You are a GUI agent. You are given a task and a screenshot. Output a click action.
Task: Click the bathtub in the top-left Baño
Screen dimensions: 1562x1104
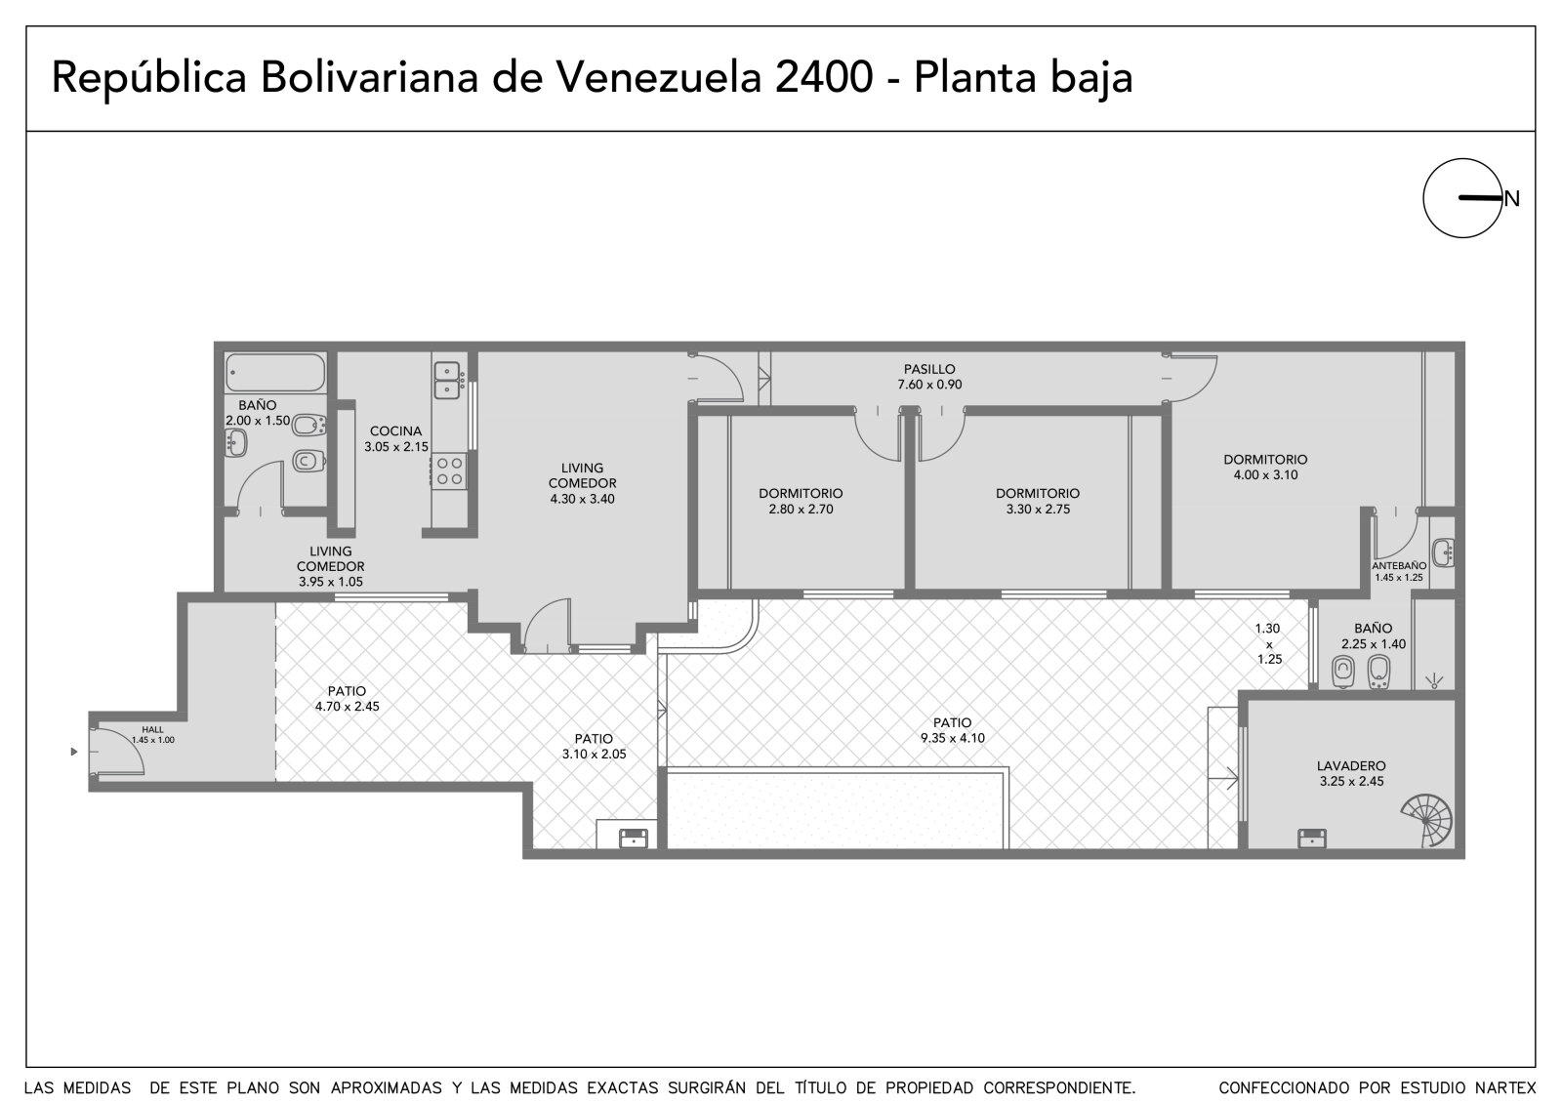click(274, 373)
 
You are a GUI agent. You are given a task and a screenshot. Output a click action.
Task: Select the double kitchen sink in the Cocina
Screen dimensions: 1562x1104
click(447, 380)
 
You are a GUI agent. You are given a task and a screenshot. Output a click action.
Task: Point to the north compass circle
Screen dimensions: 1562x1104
click(1463, 198)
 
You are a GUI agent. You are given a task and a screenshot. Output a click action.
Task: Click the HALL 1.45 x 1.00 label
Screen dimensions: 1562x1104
click(152, 734)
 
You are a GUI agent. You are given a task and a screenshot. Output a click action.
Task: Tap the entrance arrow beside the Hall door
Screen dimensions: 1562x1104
click(74, 752)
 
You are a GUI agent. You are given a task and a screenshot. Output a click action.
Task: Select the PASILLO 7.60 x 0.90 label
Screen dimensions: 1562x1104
click(929, 377)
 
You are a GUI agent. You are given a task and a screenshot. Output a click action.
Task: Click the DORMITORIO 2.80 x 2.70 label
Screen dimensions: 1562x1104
click(801, 502)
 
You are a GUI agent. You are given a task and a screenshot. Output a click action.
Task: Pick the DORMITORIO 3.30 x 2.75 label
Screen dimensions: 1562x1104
click(1038, 502)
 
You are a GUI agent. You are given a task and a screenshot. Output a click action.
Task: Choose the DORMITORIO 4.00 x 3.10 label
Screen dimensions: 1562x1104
click(1265, 468)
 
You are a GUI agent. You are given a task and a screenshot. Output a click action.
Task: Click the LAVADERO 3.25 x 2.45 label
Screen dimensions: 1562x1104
click(1351, 773)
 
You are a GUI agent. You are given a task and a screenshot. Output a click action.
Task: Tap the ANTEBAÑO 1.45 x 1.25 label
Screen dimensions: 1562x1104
click(1399, 572)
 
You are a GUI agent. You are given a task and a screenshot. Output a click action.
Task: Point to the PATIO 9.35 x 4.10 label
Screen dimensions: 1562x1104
click(953, 730)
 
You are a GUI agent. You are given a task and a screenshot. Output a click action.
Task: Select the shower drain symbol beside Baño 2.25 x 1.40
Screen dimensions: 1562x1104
click(1434, 681)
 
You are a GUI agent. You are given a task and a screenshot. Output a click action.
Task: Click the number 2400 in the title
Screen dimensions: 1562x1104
click(824, 77)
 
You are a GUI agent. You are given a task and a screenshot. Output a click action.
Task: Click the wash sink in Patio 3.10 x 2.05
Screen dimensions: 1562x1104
click(634, 838)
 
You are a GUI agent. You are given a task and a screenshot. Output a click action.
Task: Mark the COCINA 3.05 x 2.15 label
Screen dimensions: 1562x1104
click(396, 439)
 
